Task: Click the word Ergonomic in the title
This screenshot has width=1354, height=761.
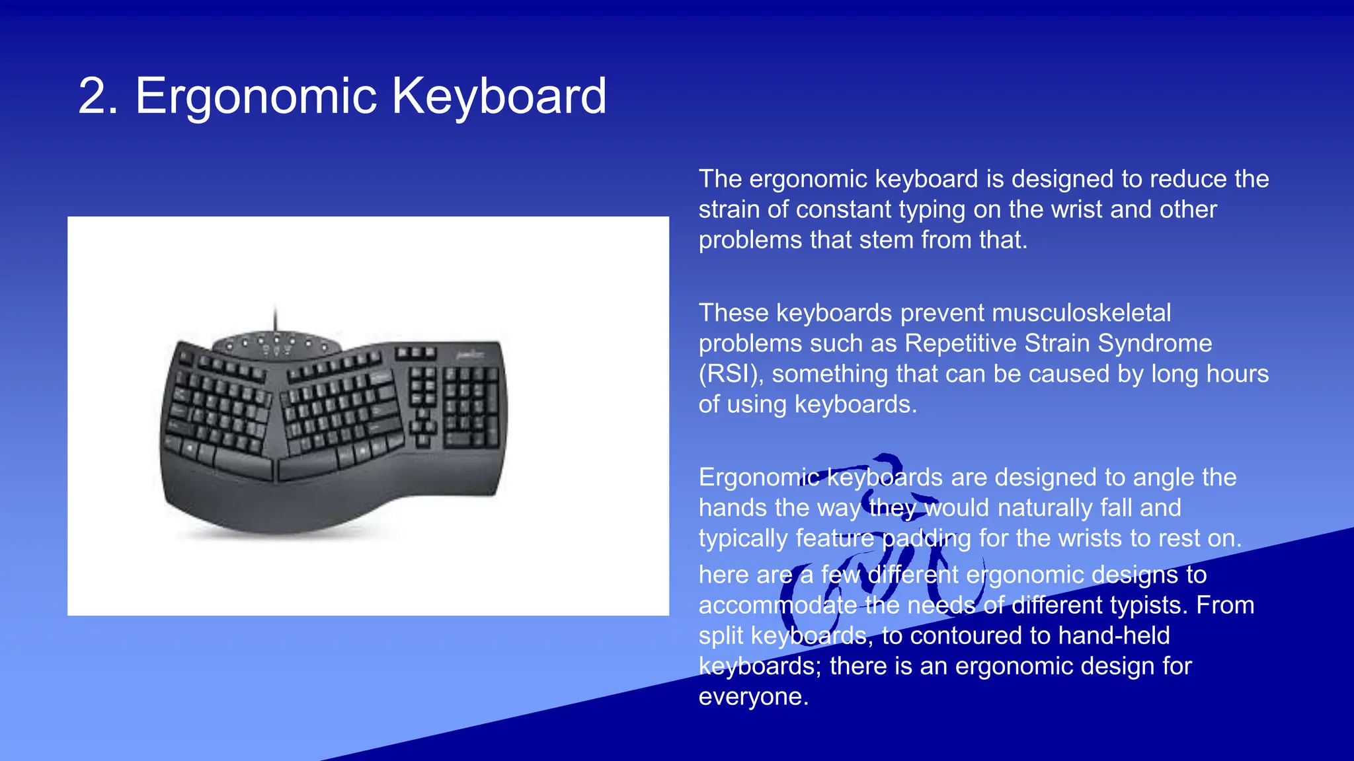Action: click(x=256, y=96)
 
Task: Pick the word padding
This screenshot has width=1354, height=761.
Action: click(x=926, y=538)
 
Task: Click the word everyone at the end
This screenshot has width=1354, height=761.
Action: click(x=753, y=697)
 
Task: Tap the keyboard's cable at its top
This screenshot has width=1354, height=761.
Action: click(x=276, y=320)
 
